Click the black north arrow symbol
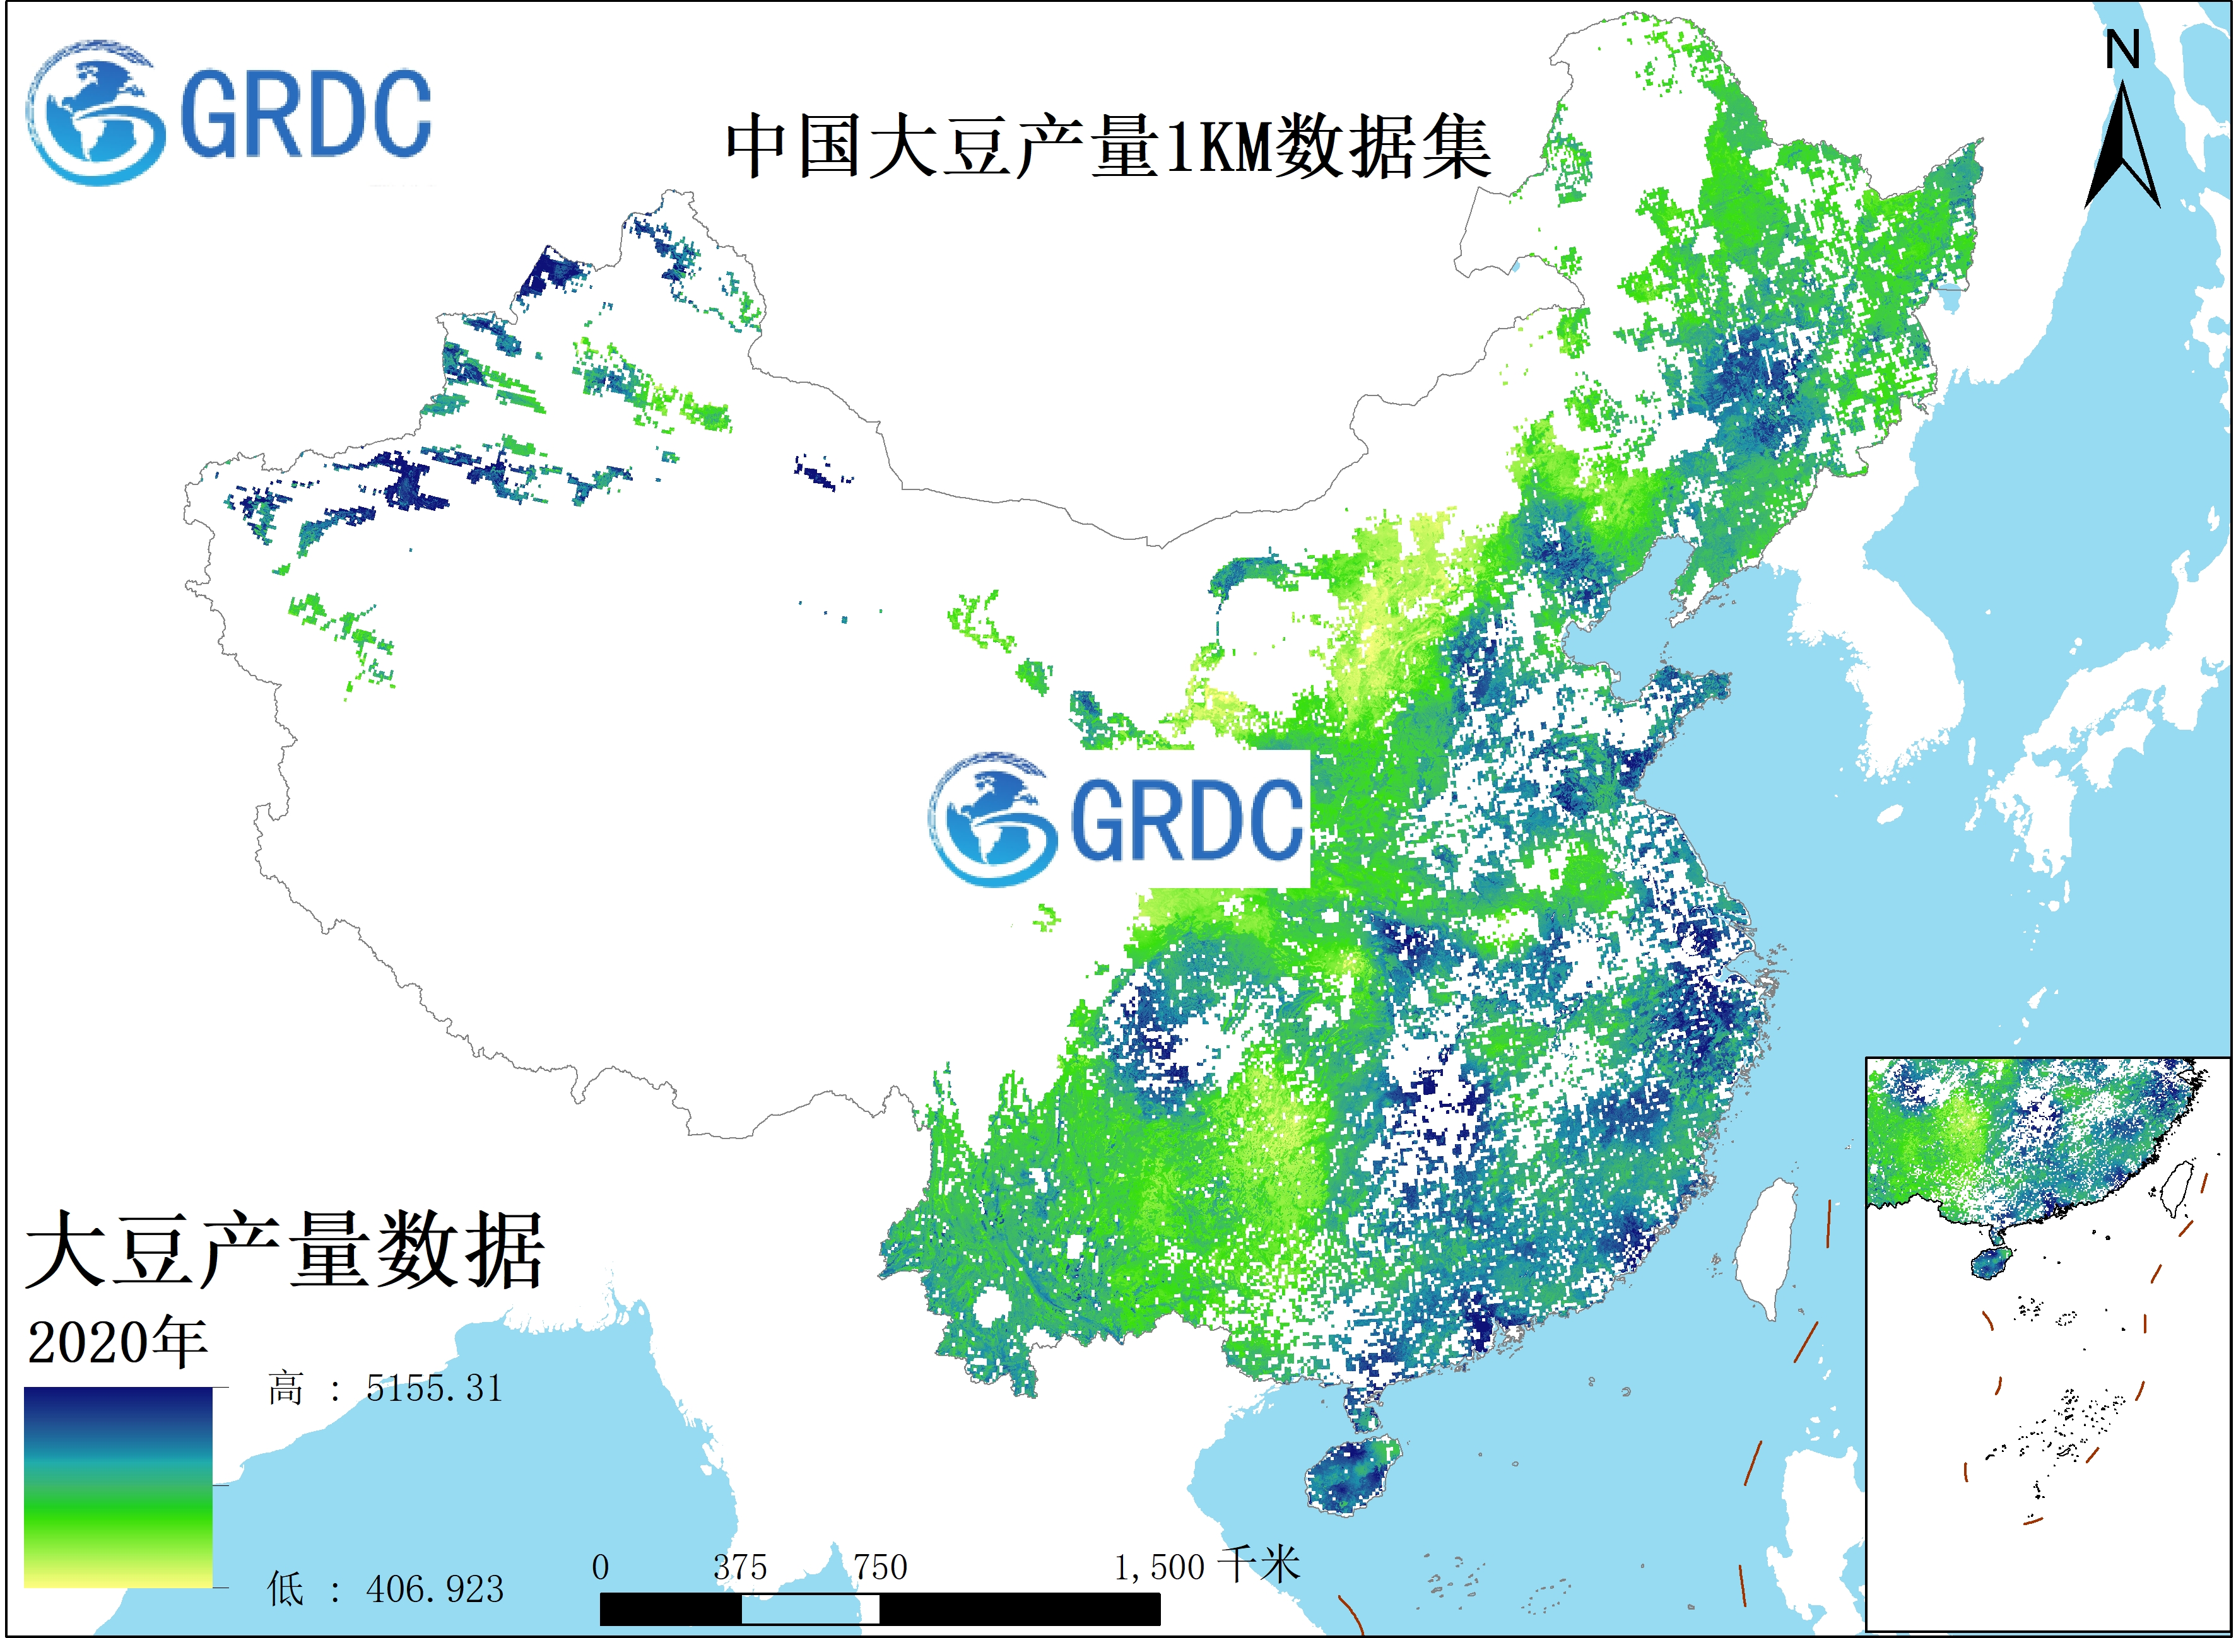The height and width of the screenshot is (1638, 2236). click(2123, 149)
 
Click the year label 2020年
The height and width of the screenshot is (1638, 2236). click(117, 1343)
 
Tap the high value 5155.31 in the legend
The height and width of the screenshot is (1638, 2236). click(434, 1389)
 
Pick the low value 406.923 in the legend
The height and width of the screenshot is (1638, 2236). click(434, 1589)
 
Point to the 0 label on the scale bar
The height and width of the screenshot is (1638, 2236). click(600, 1567)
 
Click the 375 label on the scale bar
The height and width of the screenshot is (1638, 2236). click(739, 1567)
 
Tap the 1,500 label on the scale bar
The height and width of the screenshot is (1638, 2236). click(1158, 1567)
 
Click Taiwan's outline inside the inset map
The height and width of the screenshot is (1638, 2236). click(2177, 1188)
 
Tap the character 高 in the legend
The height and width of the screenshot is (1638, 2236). click(285, 1389)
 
